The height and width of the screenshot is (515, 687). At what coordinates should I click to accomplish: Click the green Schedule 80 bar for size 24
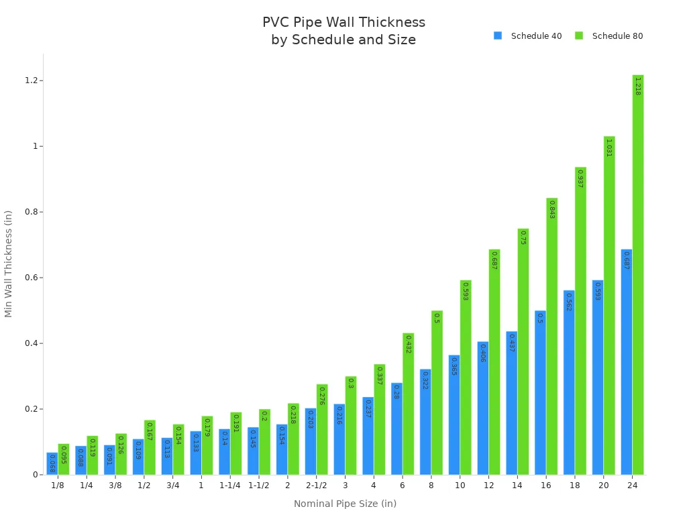(x=637, y=275)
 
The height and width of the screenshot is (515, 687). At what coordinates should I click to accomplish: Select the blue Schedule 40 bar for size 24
(x=626, y=362)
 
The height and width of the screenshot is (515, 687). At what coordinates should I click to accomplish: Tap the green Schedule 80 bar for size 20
(x=609, y=305)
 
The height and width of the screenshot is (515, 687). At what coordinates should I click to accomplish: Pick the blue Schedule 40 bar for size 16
(x=540, y=392)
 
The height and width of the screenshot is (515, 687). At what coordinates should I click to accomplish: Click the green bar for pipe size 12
(x=494, y=362)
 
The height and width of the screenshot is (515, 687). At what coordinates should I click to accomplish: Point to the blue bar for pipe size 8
(x=425, y=422)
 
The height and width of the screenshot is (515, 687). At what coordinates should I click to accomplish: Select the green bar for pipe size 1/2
(x=150, y=447)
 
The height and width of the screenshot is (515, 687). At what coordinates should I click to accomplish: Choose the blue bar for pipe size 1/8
(x=52, y=463)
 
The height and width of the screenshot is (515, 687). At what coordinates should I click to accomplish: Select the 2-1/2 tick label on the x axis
(x=316, y=485)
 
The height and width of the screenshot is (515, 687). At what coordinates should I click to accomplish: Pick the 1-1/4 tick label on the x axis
(x=229, y=485)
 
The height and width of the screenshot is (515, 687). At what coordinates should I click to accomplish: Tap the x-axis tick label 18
(x=575, y=485)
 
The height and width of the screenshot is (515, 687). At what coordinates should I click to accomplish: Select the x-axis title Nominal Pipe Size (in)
(x=345, y=504)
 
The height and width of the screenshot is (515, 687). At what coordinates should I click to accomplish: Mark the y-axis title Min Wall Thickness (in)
(x=9, y=264)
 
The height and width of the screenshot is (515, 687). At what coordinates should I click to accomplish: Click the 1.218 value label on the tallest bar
(x=637, y=86)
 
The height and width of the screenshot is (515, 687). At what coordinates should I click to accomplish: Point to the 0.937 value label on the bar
(x=580, y=178)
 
